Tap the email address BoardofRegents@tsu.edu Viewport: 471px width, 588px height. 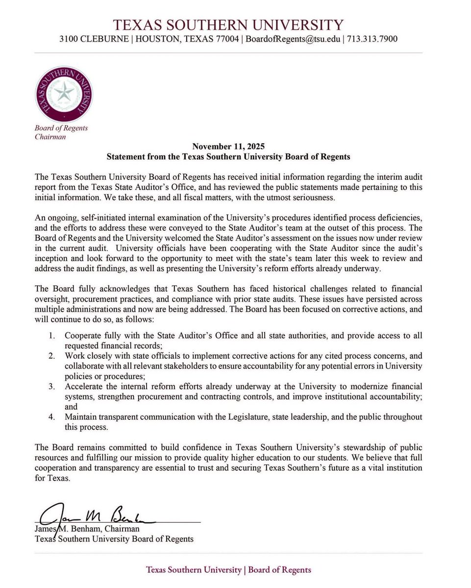click(294, 39)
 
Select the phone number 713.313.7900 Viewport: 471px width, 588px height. click(372, 39)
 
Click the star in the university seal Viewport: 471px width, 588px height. click(64, 92)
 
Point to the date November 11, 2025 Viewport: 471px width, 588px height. click(228, 147)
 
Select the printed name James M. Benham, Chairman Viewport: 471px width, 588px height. click(87, 529)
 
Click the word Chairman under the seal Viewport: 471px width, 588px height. click(50, 137)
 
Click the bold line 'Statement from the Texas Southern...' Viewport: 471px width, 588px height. click(228, 157)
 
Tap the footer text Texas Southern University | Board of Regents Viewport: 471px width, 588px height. click(228, 570)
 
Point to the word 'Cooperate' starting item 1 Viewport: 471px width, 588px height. click(83, 336)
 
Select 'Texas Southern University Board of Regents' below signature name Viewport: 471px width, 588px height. click(114, 539)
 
